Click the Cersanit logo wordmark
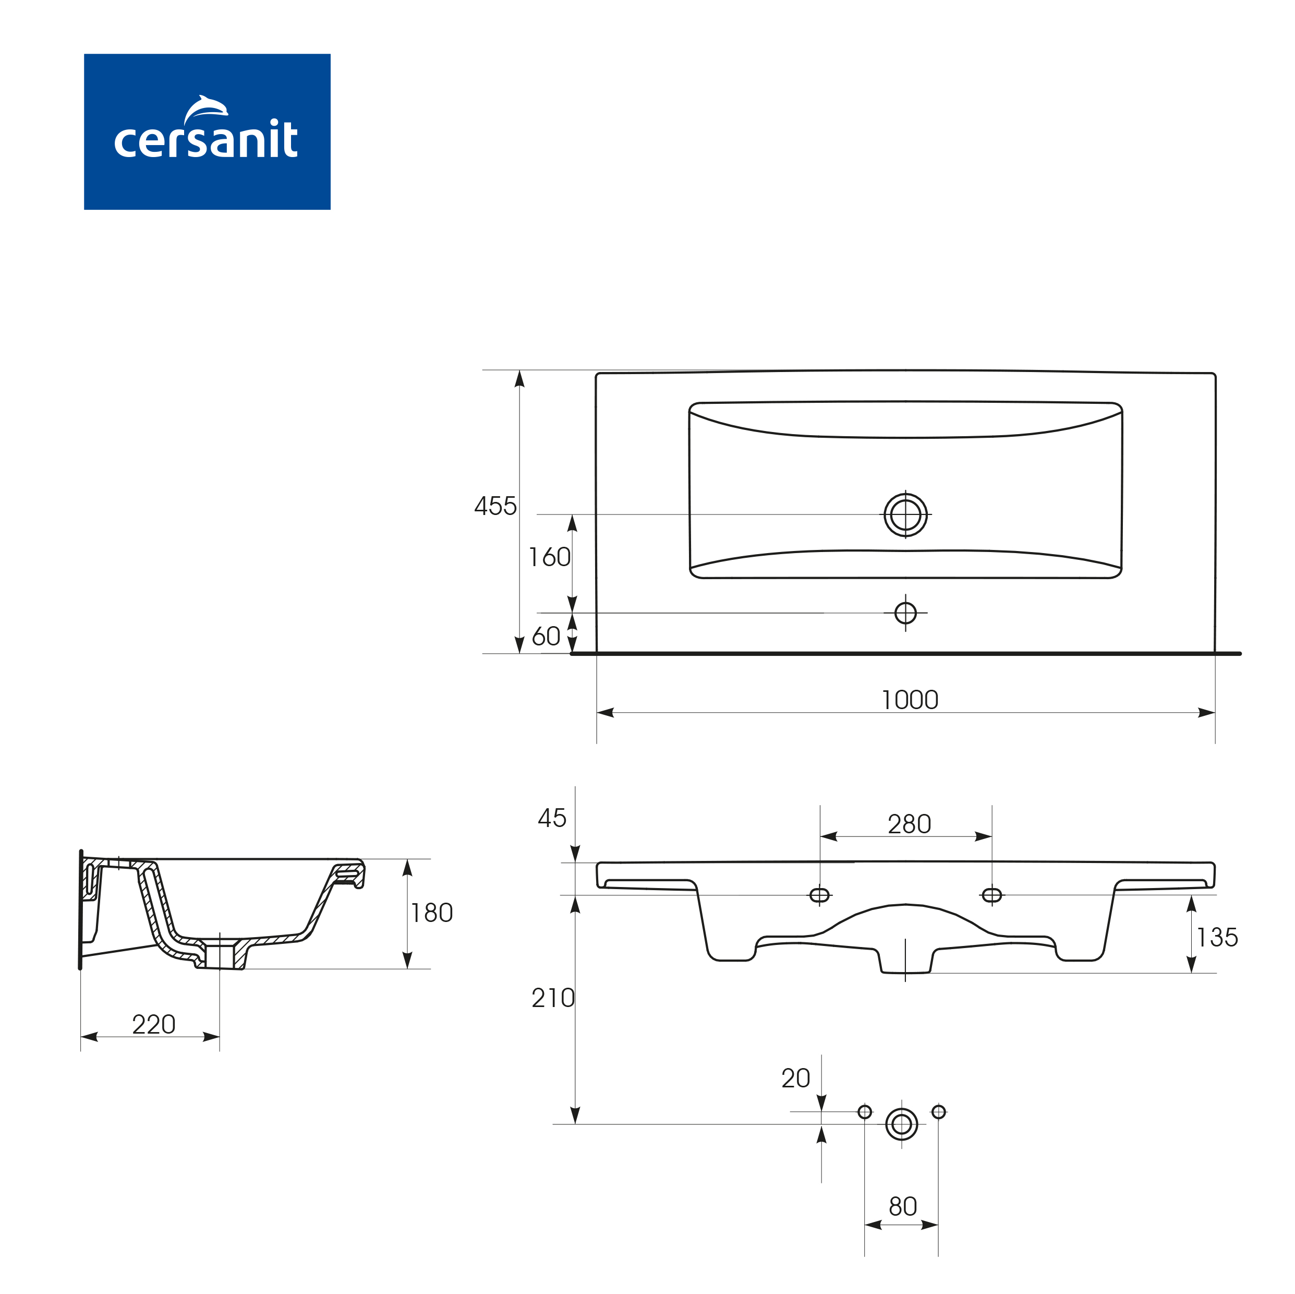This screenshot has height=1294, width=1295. pyautogui.click(x=206, y=139)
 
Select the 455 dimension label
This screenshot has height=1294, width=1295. pyautogui.click(x=495, y=506)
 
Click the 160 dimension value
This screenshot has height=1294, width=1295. pyautogui.click(x=550, y=557)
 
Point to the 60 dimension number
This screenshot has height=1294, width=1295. pyautogui.click(x=546, y=636)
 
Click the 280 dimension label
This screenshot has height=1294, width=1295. pyautogui.click(x=910, y=824)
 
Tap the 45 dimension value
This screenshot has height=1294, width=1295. pyautogui.click(x=552, y=818)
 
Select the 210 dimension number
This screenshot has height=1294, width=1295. pyautogui.click(x=553, y=998)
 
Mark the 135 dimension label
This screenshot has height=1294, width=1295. pyautogui.click(x=1217, y=937)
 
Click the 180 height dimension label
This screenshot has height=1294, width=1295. pyautogui.click(x=432, y=913)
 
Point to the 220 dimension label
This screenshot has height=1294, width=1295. pyautogui.click(x=153, y=1024)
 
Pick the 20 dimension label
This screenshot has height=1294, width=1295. pyautogui.click(x=796, y=1078)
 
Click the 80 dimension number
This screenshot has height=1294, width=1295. pyautogui.click(x=903, y=1207)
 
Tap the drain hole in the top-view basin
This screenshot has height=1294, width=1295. pyautogui.click(x=905, y=515)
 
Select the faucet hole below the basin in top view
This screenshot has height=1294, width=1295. pyautogui.click(x=905, y=613)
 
